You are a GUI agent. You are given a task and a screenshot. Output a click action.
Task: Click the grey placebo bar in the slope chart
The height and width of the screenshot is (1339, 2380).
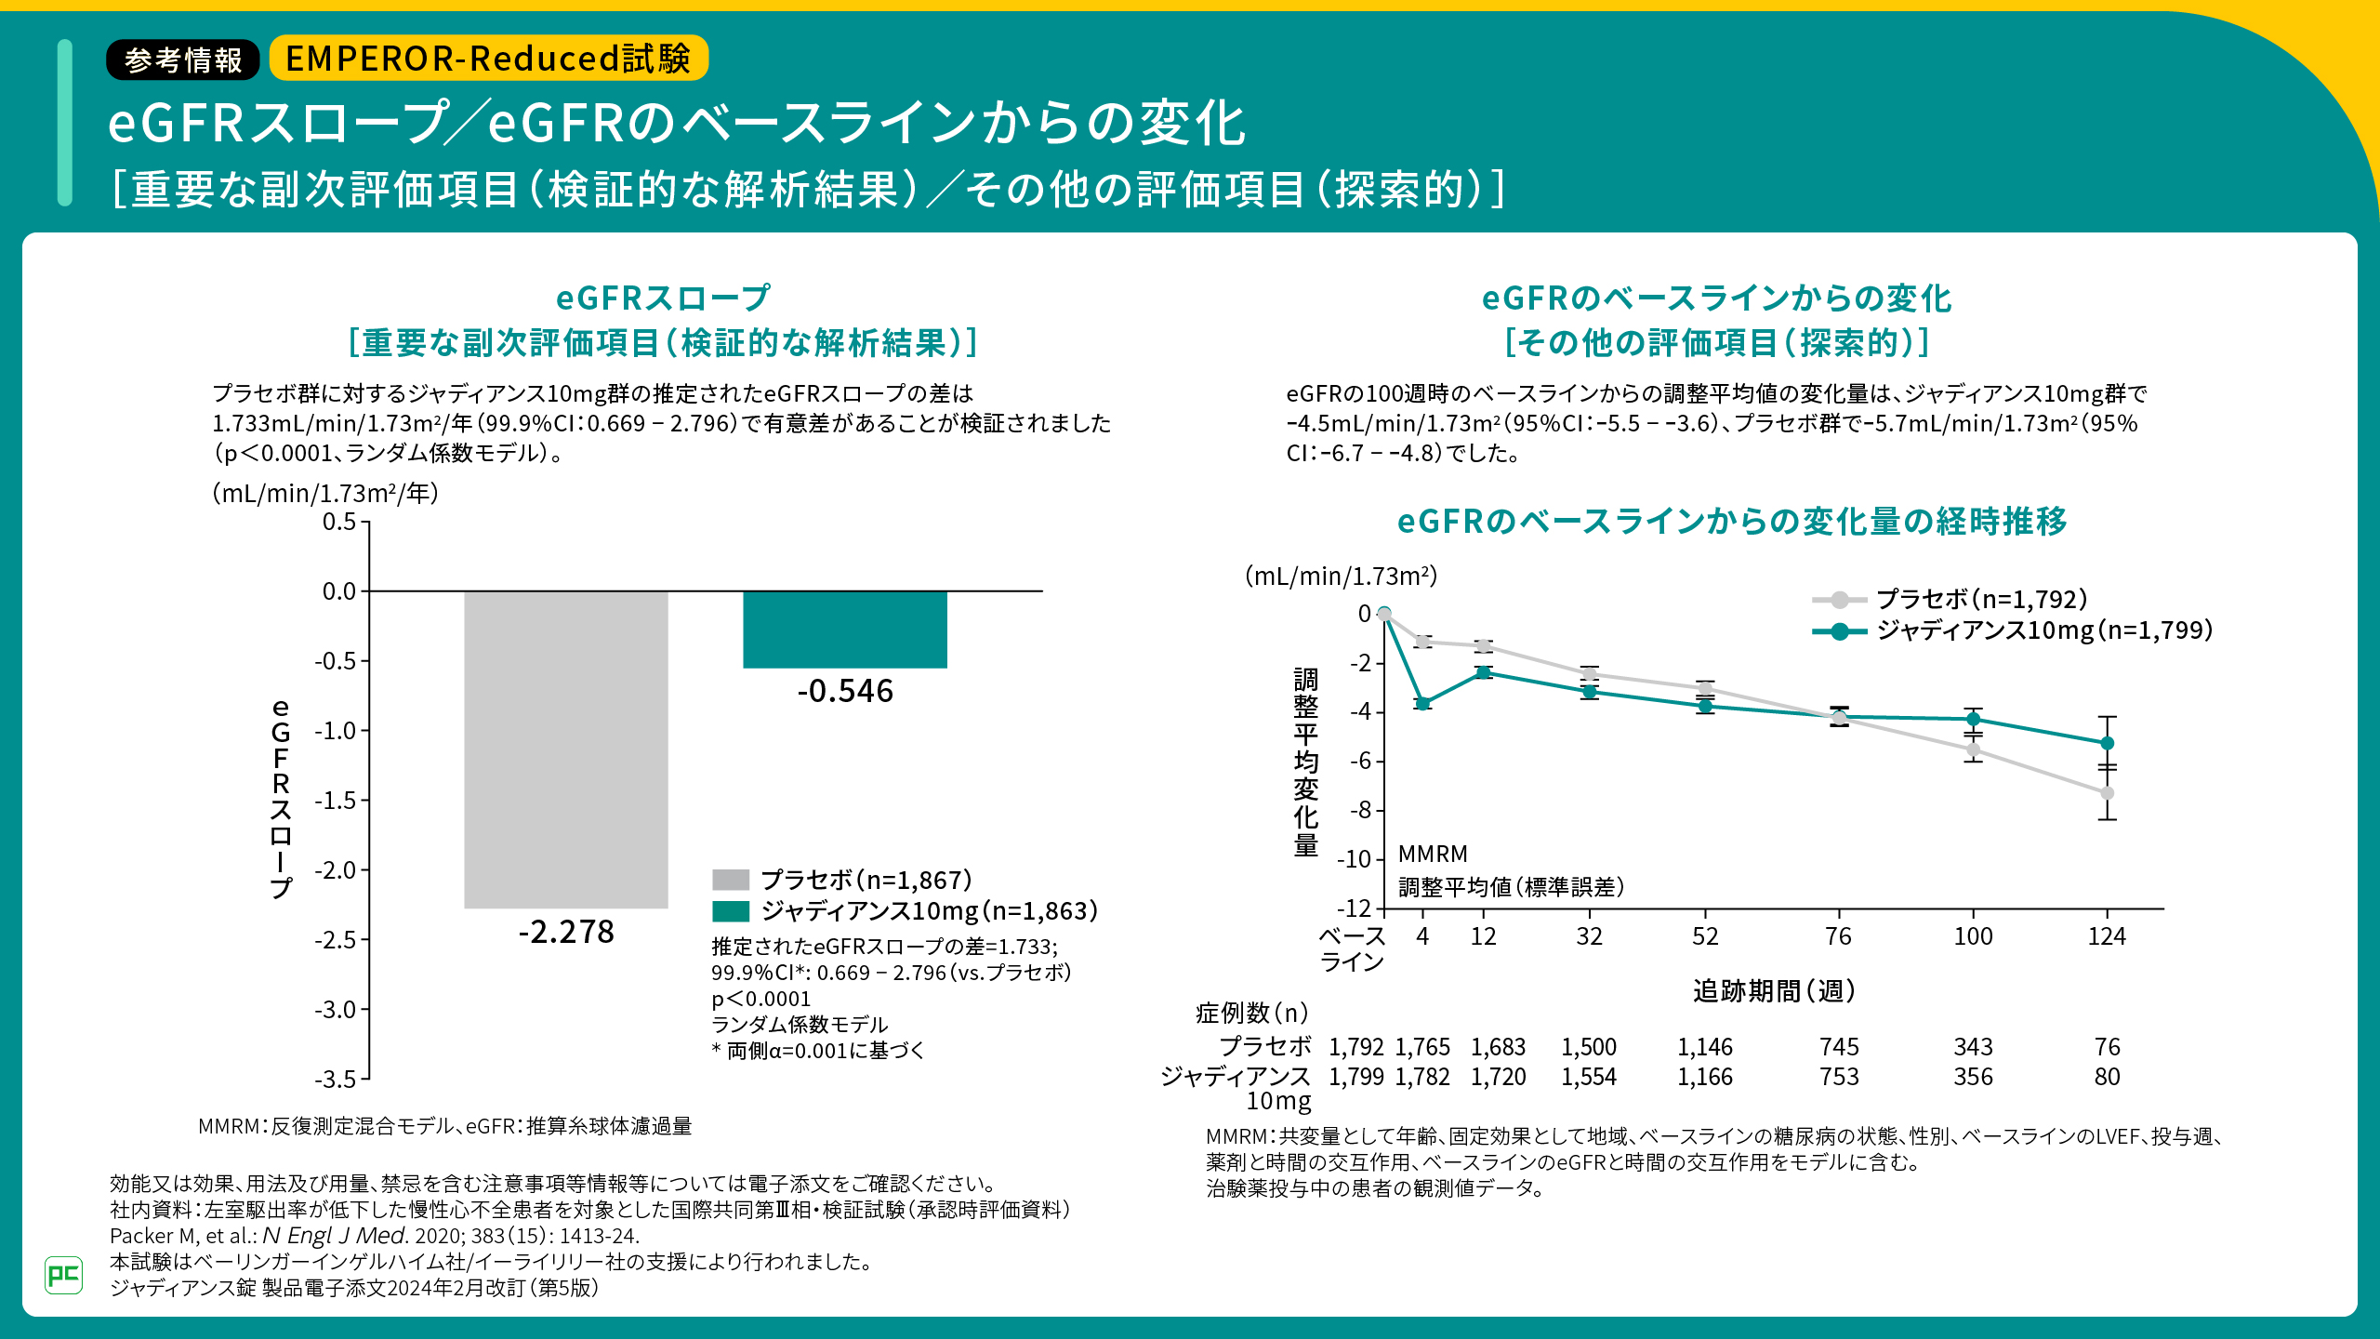[x=565, y=749]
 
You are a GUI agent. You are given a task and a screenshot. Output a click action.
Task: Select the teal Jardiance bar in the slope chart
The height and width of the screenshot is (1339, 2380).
[x=844, y=630]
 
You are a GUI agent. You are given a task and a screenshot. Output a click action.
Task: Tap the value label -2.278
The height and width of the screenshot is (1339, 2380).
[x=566, y=932]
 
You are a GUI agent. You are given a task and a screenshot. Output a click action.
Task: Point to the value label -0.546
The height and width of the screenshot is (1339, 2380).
[x=845, y=691]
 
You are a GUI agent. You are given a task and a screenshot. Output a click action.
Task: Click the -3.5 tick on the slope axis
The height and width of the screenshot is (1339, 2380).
[x=336, y=1080]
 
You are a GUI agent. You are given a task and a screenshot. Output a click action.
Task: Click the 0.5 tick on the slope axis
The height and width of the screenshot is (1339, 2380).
[x=339, y=522]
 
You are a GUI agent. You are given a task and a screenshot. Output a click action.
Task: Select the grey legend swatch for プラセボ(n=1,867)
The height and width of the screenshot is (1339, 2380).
[x=731, y=880]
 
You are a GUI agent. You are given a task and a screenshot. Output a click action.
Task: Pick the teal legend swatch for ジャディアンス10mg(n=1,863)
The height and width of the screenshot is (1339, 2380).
[x=731, y=911]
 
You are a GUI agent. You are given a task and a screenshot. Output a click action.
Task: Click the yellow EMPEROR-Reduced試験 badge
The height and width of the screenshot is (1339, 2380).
[x=488, y=59]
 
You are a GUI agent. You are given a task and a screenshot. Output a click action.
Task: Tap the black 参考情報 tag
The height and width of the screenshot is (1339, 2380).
[x=183, y=60]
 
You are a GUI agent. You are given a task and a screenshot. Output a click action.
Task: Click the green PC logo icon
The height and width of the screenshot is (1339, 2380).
[x=63, y=1274]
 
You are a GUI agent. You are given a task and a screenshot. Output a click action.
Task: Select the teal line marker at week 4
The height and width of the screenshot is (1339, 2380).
[x=1422, y=703]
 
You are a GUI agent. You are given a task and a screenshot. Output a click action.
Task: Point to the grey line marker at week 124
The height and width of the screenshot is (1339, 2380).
[x=2107, y=793]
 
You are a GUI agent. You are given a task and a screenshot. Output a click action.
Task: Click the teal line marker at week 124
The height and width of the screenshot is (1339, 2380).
[x=2107, y=743]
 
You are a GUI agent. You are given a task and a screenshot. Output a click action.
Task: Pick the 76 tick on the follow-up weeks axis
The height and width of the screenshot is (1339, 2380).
[x=1838, y=936]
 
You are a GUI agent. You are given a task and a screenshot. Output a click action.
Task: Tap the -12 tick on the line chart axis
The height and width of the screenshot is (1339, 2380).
[x=1355, y=908]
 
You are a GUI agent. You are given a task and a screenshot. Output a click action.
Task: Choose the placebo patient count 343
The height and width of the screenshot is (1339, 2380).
[x=1973, y=1047]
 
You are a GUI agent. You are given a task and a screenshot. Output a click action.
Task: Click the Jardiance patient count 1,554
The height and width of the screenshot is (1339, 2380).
[x=1589, y=1077]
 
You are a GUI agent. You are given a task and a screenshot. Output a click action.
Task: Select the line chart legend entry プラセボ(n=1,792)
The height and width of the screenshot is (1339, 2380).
[x=1981, y=600]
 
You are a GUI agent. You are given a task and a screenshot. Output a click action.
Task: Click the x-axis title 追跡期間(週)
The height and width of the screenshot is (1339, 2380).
[x=1774, y=991]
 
